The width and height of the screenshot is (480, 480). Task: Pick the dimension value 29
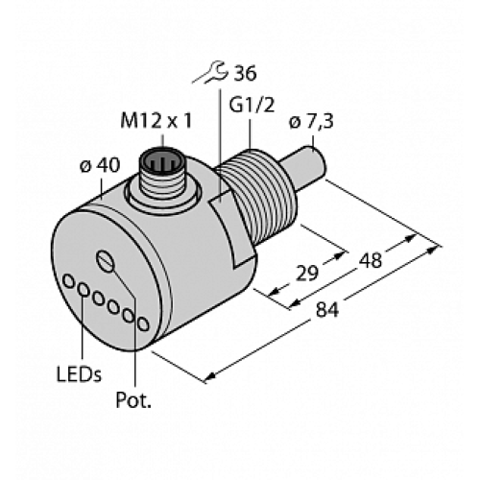(308, 272)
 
